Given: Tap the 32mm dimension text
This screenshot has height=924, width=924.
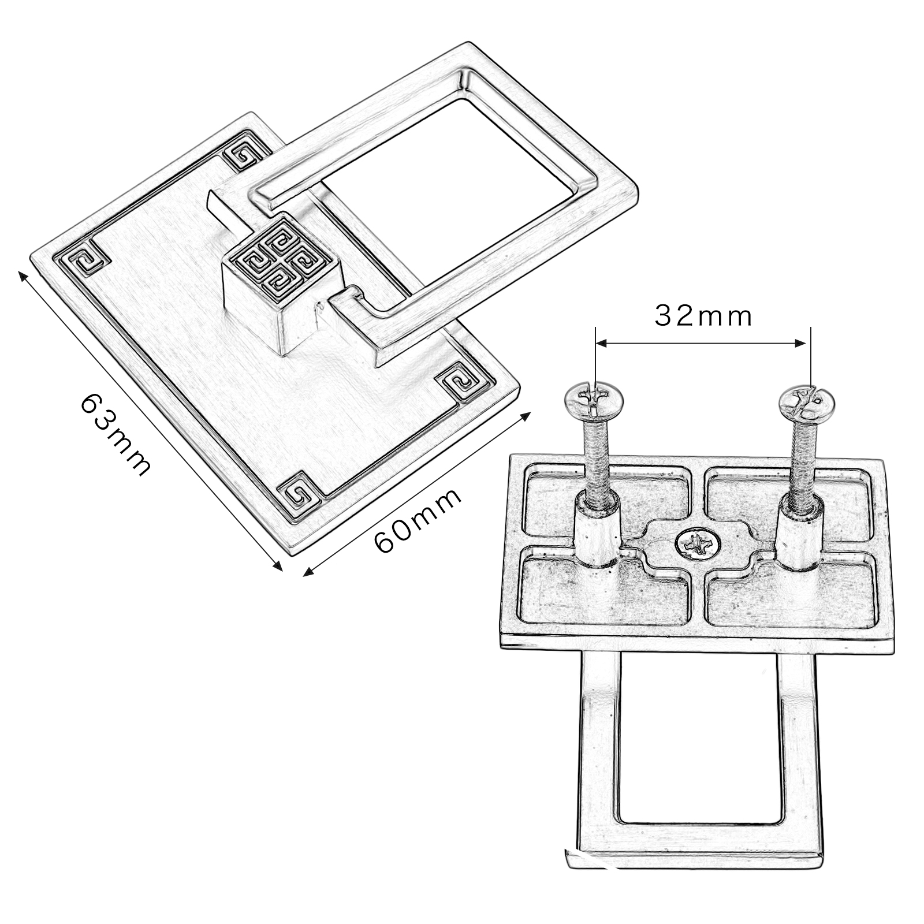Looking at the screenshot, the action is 703,316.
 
